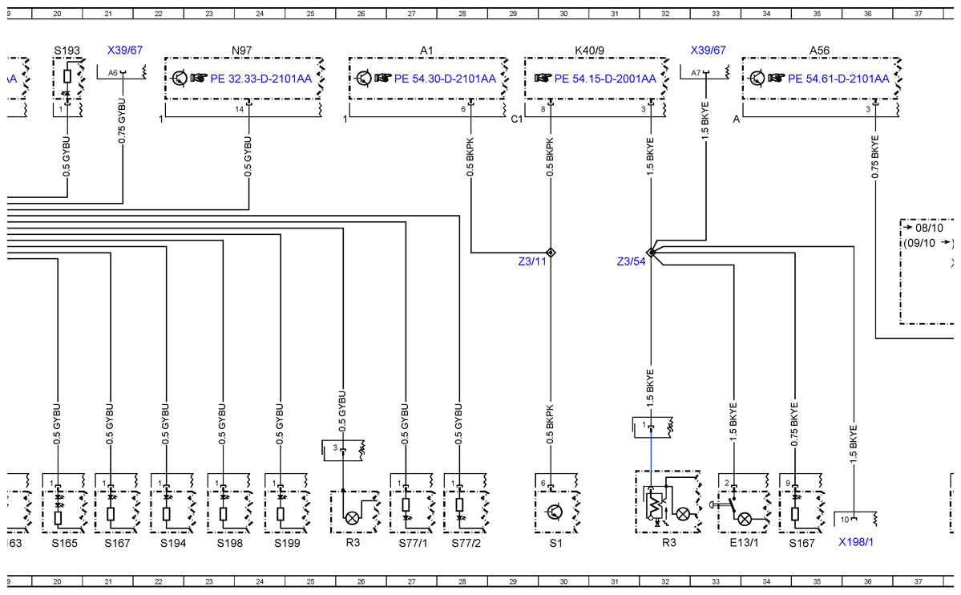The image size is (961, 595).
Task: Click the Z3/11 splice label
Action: pyautogui.click(x=532, y=261)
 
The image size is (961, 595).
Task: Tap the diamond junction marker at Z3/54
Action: pyautogui.click(x=651, y=253)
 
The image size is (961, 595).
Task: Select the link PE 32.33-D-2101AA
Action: pyautogui.click(x=261, y=79)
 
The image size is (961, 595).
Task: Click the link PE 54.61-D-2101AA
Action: pyautogui.click(x=838, y=79)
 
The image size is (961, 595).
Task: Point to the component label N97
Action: pyautogui.click(x=241, y=51)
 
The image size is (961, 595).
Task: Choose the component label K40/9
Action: pyautogui.click(x=590, y=51)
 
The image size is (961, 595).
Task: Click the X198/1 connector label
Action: pyautogui.click(x=856, y=542)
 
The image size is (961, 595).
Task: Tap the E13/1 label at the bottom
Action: pyautogui.click(x=744, y=543)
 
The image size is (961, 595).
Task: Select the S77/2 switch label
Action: pyautogui.click(x=466, y=543)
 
